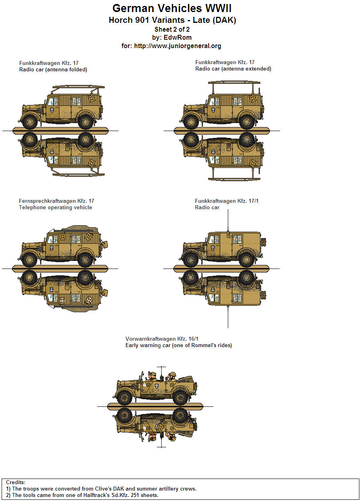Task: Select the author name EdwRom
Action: click(178, 38)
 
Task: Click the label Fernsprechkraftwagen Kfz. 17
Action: click(57, 201)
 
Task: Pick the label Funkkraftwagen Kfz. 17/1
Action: click(227, 201)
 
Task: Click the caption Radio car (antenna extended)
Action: click(233, 69)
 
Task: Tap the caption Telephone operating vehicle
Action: click(55, 208)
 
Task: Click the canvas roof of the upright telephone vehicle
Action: click(80, 229)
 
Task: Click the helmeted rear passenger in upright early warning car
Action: click(172, 376)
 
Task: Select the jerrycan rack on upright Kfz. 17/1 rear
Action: click(264, 243)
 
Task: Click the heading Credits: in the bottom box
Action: click(16, 483)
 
